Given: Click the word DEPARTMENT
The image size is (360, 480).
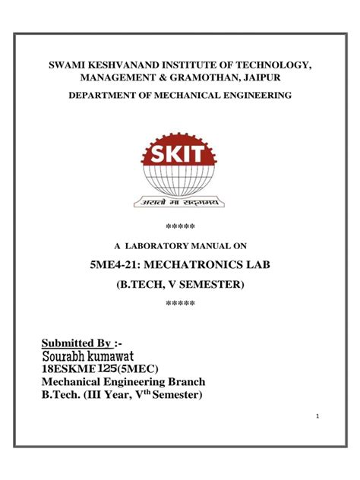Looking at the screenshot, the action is [104, 96].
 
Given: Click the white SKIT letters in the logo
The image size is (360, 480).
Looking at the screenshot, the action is [179, 156].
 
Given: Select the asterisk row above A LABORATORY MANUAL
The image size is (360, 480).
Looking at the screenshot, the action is [180, 226].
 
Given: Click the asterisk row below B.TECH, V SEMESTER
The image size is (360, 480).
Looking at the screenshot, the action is [180, 303].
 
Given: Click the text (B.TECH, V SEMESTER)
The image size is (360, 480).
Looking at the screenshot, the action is [180, 284].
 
